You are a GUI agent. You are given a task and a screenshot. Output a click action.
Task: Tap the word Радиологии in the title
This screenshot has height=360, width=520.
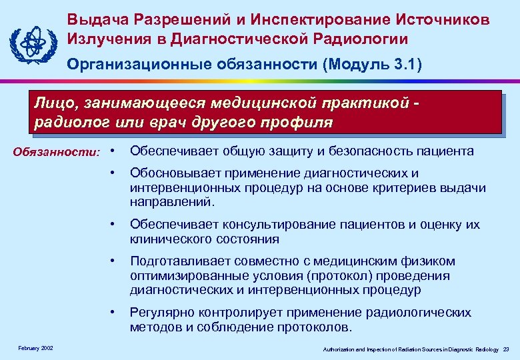(x=361, y=39)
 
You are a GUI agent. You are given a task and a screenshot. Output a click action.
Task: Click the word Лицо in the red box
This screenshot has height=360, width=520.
(x=53, y=104)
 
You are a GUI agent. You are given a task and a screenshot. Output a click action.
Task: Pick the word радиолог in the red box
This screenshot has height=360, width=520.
(x=67, y=123)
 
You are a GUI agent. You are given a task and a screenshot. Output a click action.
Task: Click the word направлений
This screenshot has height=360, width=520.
(x=172, y=201)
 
